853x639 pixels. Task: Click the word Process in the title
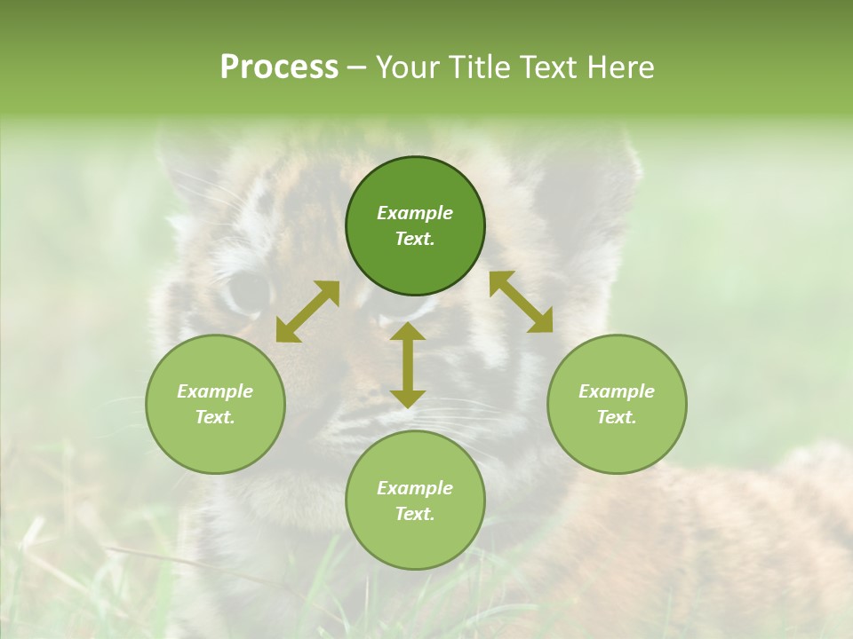click(279, 67)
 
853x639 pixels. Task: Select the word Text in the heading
click(548, 67)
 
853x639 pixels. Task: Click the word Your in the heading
click(408, 67)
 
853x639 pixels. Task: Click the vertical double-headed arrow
click(408, 365)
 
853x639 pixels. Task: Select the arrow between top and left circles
click(307, 312)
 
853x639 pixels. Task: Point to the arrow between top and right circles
click(521, 302)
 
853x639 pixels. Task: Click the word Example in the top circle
click(415, 213)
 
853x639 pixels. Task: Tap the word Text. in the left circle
click(215, 417)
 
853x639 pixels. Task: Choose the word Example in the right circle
click(617, 391)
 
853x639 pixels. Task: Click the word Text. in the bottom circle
click(415, 514)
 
